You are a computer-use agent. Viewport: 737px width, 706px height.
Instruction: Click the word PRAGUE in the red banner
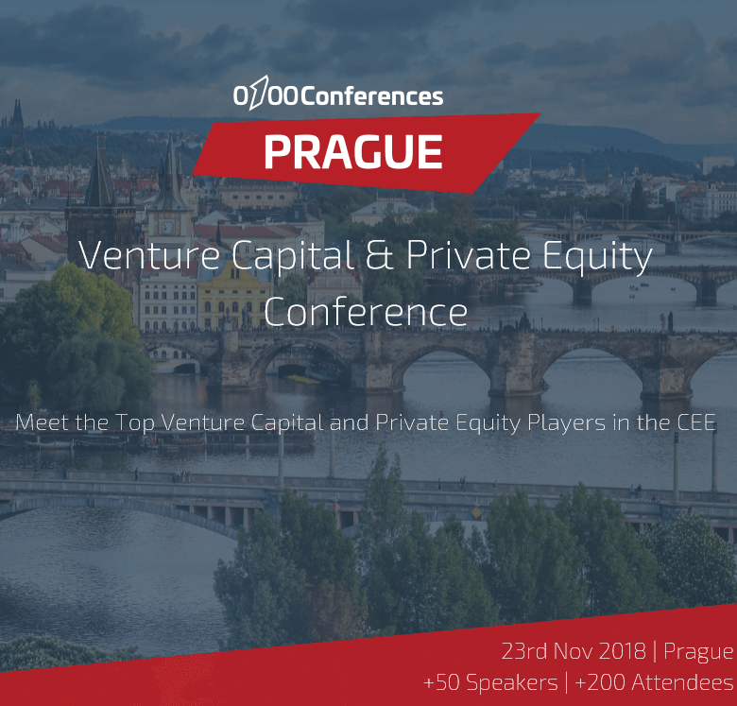(353, 151)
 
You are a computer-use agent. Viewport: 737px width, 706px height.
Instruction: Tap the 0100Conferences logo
(338, 94)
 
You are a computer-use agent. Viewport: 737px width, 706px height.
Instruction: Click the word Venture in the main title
(149, 255)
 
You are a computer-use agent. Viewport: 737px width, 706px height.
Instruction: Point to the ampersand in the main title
(380, 255)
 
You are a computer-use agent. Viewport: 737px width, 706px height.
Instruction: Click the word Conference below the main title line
(366, 312)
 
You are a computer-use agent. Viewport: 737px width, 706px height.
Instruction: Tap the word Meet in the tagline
(43, 422)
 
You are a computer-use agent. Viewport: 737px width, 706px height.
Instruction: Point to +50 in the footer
(441, 682)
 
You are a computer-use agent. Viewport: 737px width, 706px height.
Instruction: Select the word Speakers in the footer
(512, 683)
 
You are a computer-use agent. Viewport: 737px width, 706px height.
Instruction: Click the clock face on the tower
(166, 227)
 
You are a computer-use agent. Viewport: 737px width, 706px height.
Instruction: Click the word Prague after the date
(698, 652)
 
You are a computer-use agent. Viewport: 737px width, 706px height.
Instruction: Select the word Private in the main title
(469, 255)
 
